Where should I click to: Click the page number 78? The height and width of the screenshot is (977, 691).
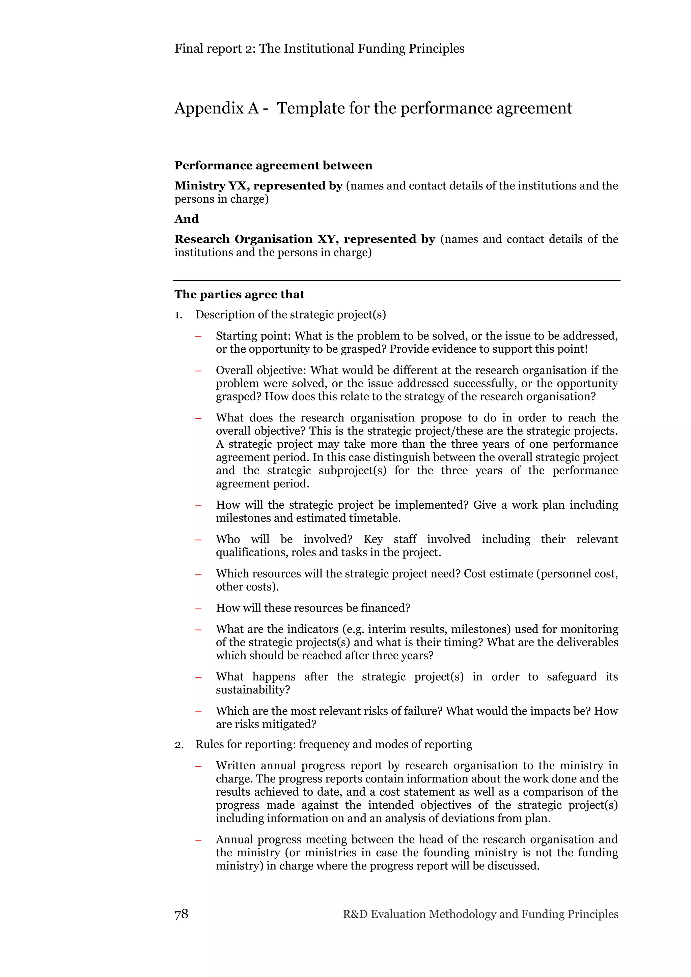point(182,914)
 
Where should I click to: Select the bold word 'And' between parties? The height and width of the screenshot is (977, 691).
point(187,219)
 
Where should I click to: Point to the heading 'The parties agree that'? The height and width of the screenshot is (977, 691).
point(239,294)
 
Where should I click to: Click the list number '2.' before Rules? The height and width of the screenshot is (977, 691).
point(179,745)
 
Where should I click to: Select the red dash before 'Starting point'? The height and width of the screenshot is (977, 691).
point(198,336)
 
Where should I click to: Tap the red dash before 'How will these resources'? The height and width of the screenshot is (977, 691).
point(198,609)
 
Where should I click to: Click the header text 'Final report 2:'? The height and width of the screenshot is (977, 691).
point(215,49)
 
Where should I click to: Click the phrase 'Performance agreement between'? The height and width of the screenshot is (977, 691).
point(273,166)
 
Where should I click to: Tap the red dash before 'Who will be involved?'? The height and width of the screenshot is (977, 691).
point(198,539)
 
